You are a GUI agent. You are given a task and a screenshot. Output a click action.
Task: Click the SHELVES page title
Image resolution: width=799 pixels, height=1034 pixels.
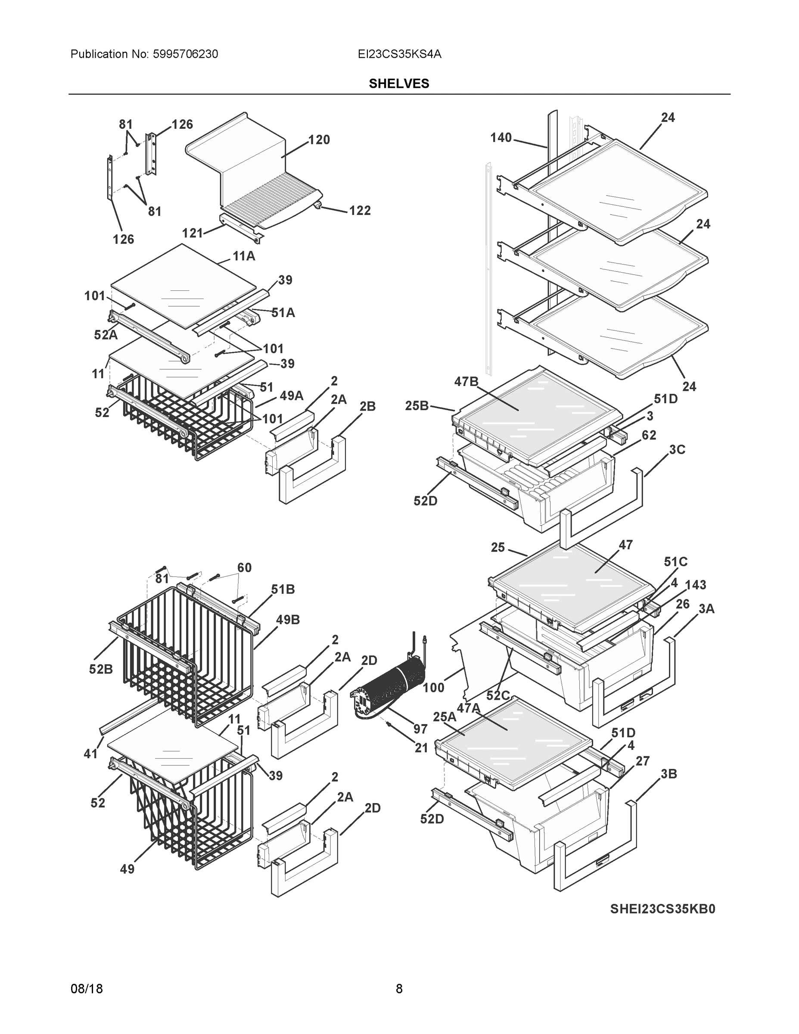pos(398,84)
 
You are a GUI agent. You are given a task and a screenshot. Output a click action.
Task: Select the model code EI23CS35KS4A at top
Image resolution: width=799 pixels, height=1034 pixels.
pos(400,54)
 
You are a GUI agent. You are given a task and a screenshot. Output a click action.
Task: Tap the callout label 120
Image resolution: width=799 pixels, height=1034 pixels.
pos(319,140)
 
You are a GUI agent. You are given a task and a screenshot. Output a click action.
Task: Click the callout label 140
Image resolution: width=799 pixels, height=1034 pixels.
pos(501,138)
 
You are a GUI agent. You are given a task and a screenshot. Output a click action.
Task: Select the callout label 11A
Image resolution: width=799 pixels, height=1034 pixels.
pos(244,257)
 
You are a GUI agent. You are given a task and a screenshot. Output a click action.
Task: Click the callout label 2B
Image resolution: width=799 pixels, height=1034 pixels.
pos(367,406)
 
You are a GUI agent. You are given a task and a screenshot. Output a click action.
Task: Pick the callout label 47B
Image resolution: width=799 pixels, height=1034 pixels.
pos(466,382)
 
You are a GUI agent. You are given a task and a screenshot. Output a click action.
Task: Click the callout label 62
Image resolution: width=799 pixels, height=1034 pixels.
pos(649,435)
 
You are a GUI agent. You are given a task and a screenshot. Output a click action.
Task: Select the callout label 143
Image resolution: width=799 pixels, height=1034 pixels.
pos(695,585)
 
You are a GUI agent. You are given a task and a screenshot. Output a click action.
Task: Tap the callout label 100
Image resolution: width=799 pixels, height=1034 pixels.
pos(434,688)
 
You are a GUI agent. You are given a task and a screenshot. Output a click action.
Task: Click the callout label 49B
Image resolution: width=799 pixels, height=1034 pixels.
pos(288,620)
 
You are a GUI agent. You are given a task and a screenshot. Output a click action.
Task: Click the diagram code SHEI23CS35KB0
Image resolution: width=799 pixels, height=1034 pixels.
pos(662,909)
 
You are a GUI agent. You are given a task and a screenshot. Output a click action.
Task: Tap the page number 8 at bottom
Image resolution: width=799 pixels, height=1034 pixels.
pos(399,989)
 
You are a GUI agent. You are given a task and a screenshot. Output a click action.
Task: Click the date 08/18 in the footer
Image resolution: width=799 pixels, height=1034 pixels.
pos(87,989)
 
